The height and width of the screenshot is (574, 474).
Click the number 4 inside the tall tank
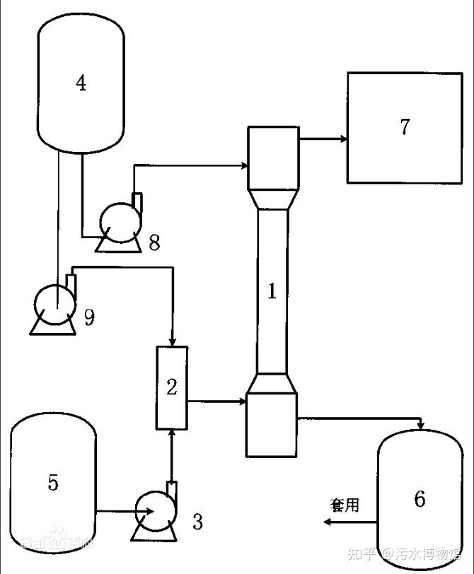click(x=81, y=83)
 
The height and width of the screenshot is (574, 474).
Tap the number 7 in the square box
click(x=405, y=127)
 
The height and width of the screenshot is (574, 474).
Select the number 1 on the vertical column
click(x=272, y=291)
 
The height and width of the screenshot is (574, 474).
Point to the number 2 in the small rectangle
click(x=172, y=387)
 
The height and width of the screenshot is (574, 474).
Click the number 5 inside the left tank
click(x=53, y=483)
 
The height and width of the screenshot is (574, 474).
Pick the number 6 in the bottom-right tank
click(x=420, y=499)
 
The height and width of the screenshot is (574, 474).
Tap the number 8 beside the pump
click(x=154, y=242)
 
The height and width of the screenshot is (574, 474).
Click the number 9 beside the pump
click(x=89, y=317)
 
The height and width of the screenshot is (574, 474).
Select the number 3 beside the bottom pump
click(x=197, y=522)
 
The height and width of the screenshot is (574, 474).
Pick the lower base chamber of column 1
click(x=271, y=424)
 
